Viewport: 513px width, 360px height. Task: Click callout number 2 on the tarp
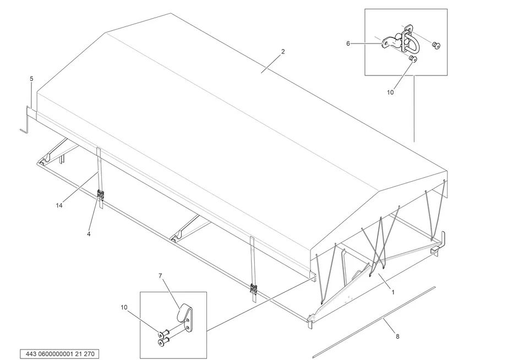coord(283,52)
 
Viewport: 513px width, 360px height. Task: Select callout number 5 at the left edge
coord(31,79)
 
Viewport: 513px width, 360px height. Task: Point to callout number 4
coord(89,234)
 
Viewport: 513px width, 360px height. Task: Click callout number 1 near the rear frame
coord(392,292)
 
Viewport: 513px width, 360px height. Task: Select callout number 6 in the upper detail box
coord(348,43)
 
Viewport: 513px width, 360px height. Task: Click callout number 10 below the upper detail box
coord(390,92)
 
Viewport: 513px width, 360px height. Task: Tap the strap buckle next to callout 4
coord(101,195)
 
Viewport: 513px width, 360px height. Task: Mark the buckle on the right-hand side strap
coord(254,288)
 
